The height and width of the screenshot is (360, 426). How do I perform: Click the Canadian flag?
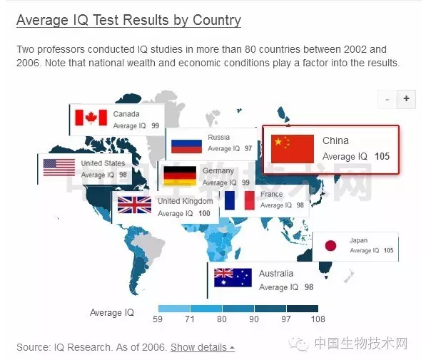coord(91,118)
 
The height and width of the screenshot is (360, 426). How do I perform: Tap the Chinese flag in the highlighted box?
coord(293,148)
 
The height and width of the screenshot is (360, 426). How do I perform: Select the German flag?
coord(180,175)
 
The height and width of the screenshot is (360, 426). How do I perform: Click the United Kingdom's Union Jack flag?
coord(134,205)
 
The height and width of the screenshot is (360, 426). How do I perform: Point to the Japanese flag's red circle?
coord(330,246)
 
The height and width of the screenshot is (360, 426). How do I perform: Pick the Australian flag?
coord(233,277)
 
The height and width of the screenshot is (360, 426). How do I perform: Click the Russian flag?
coord(186,146)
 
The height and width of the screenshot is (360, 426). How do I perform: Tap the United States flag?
coord(59,168)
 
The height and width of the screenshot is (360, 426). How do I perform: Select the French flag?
coord(240,200)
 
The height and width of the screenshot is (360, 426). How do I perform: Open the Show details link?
coord(203,347)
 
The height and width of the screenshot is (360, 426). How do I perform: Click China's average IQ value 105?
coord(382,156)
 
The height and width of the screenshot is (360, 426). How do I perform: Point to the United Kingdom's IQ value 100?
coord(204,213)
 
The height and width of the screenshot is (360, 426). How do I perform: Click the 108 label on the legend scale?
coord(318,319)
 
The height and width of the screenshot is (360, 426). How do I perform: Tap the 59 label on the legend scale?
coord(158,319)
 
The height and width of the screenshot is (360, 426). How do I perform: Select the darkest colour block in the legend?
coord(303,309)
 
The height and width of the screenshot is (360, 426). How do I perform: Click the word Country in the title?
coord(217,20)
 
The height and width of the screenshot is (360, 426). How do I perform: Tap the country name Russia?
coord(218,137)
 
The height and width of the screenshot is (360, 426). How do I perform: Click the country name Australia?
coord(276,274)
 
